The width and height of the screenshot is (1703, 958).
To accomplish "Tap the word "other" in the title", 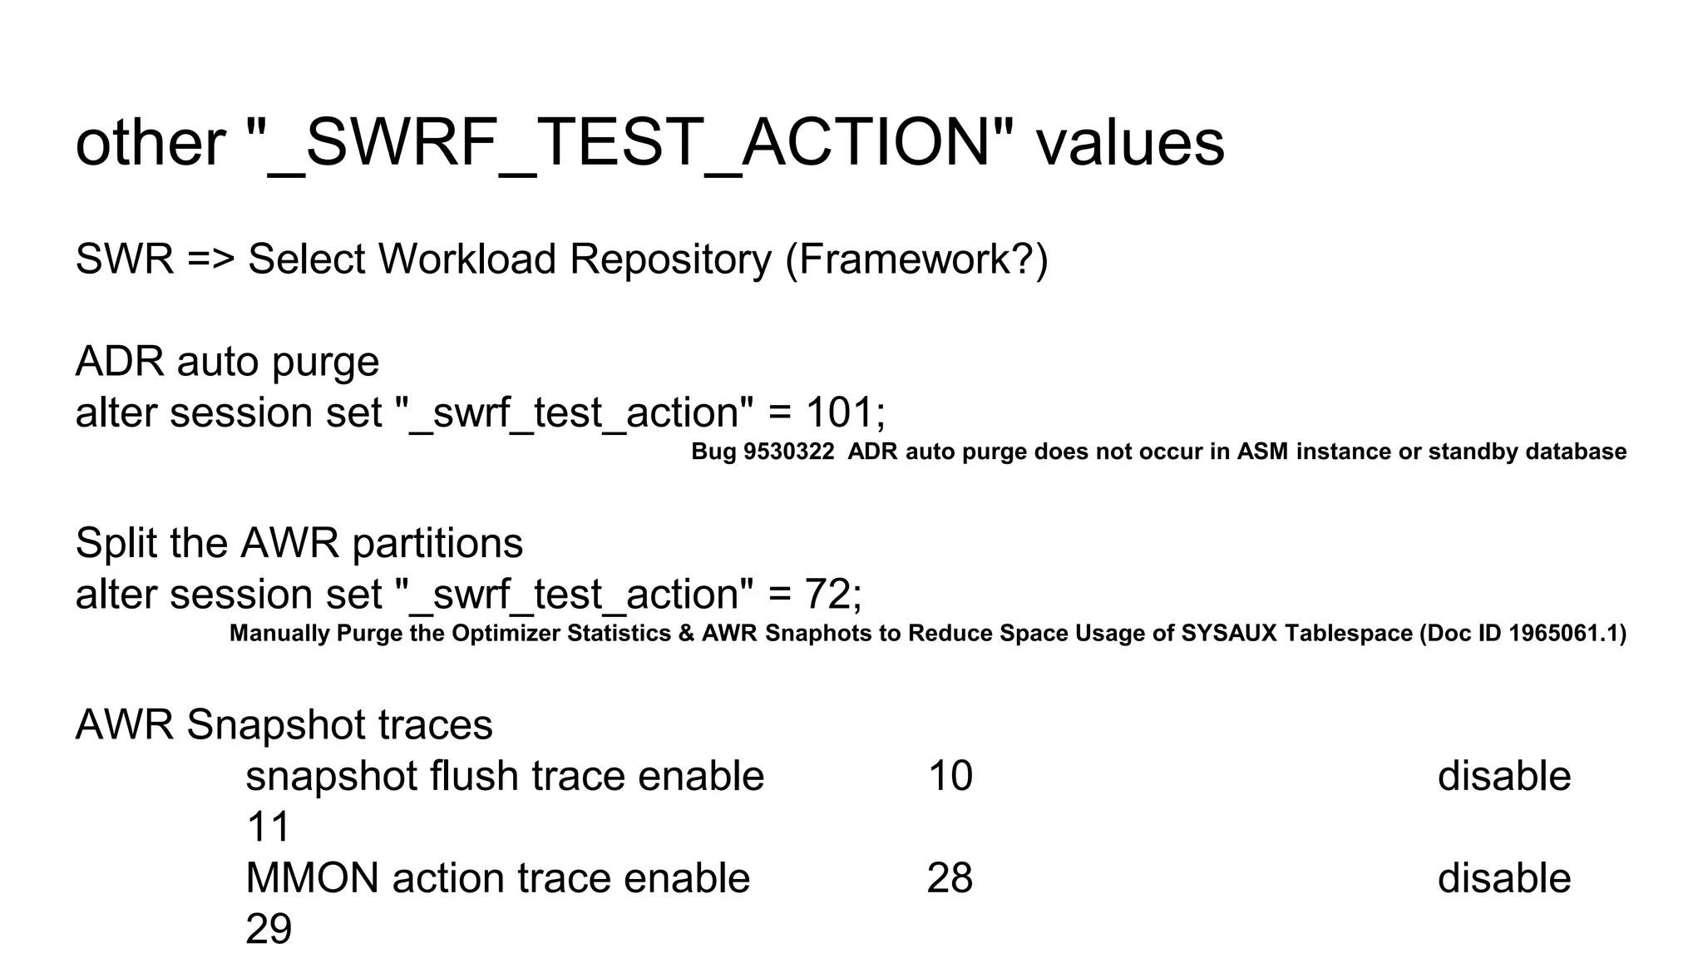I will click(x=151, y=143).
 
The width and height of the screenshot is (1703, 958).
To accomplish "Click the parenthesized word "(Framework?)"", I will click(x=917, y=259).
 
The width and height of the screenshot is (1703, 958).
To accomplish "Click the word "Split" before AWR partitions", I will click(x=117, y=543).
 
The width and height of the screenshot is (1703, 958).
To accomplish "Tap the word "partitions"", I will click(x=437, y=543).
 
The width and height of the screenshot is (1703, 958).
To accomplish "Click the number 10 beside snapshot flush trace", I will click(x=950, y=776).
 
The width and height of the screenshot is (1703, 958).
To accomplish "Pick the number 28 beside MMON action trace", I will click(x=950, y=878).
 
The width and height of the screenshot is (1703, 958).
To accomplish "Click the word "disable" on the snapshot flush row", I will click(x=1503, y=776).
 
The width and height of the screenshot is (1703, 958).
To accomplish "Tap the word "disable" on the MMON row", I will click(x=1503, y=878).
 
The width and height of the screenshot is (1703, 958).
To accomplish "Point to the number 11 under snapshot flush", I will click(x=268, y=827).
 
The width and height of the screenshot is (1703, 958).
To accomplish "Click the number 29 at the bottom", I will click(x=269, y=929).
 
